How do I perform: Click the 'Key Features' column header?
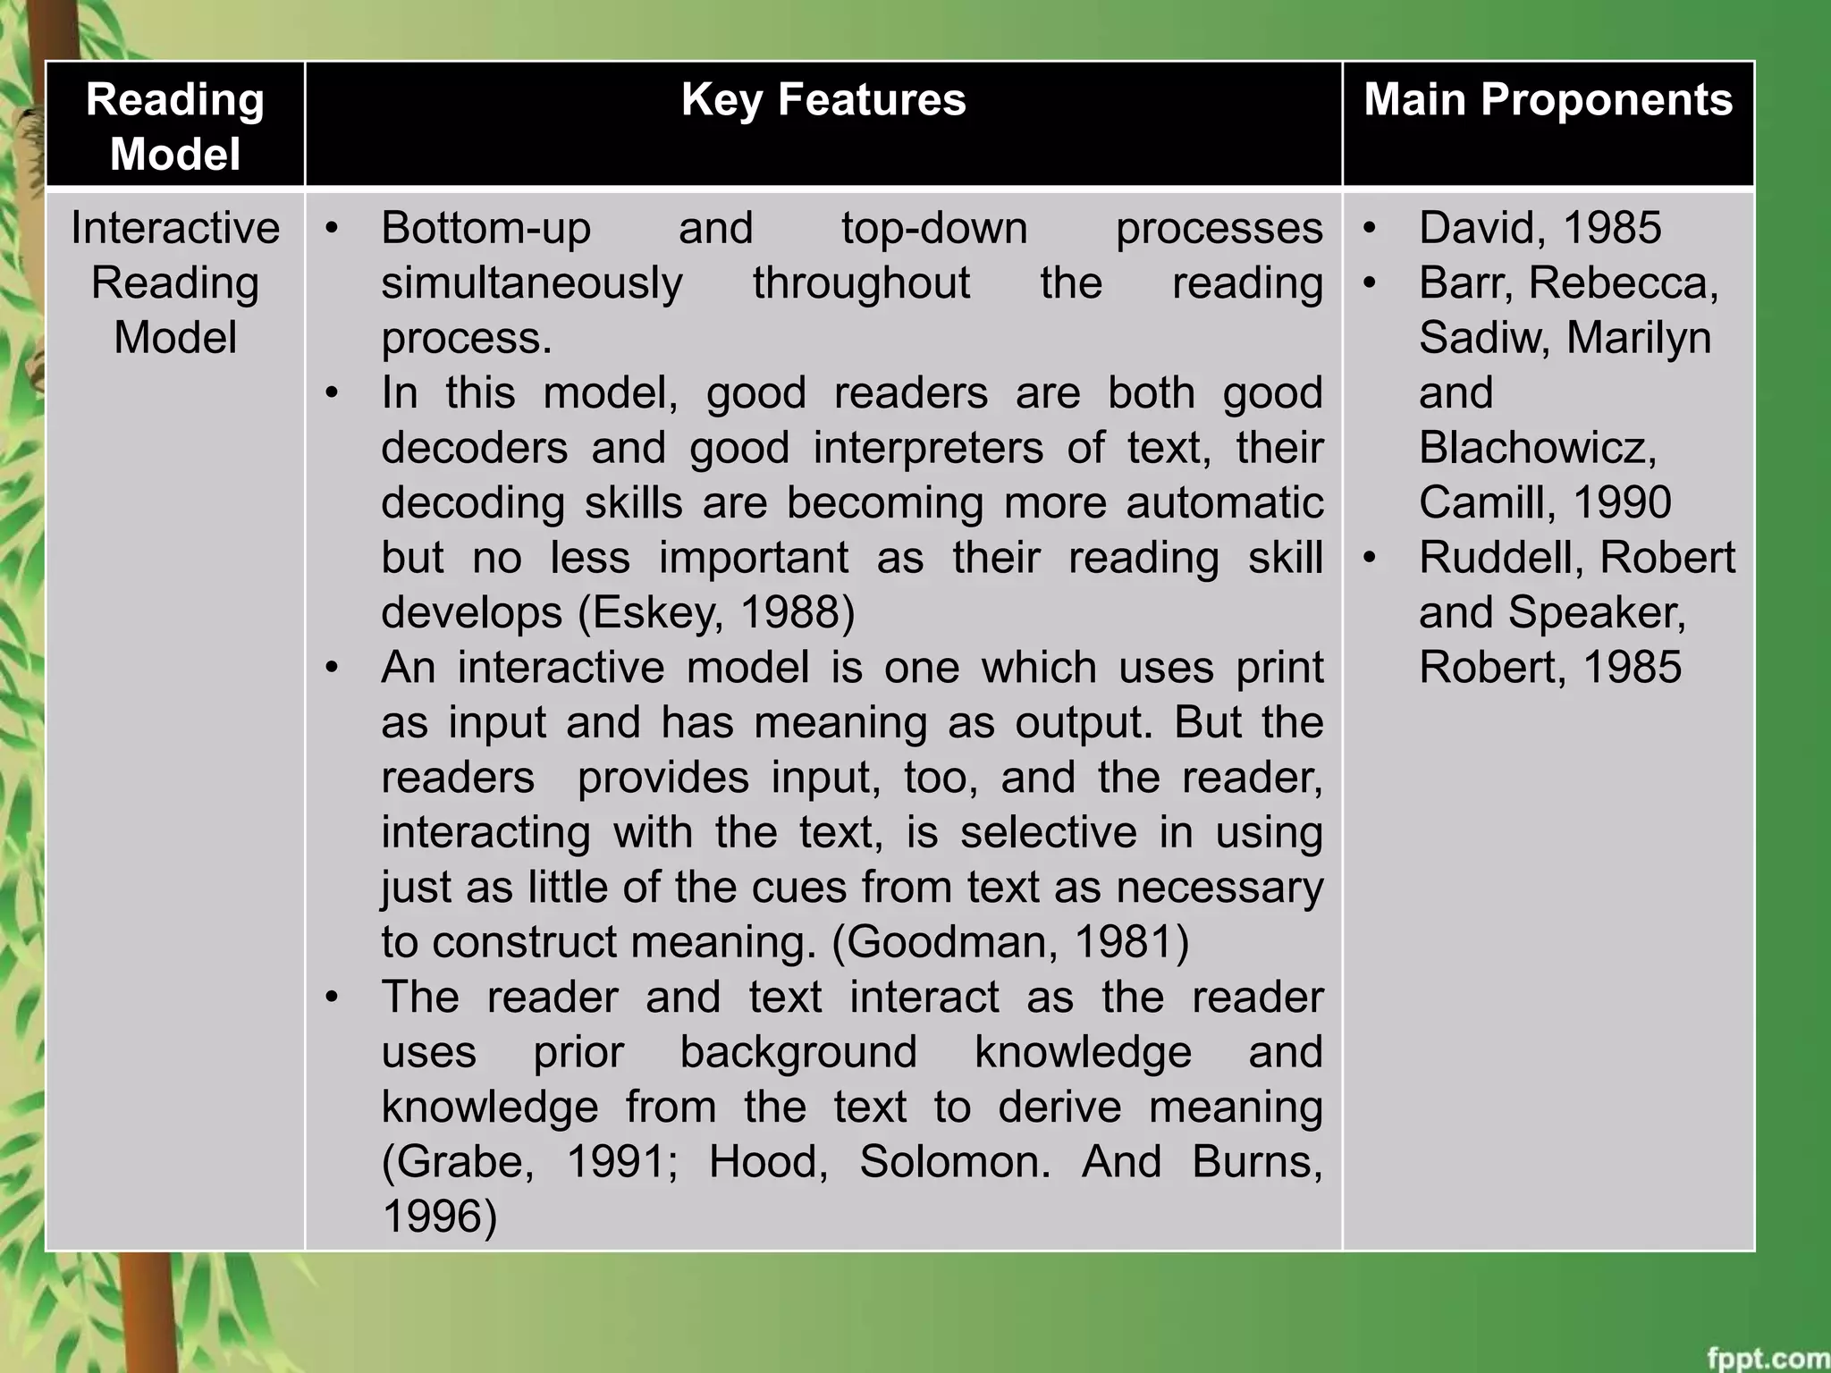(823, 100)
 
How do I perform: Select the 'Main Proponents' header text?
(1548, 100)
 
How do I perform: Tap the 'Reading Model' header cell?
(175, 126)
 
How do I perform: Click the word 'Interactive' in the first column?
(175, 228)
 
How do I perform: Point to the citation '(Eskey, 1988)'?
(716, 612)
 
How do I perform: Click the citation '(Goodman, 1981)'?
(1010, 942)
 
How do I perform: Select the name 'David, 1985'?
(1540, 228)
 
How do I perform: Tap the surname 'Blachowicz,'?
(1538, 448)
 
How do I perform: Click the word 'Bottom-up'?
(485, 228)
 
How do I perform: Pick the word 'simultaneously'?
(532, 283)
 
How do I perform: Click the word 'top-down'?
(934, 228)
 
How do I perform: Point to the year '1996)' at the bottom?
(439, 1217)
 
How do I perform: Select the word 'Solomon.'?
(955, 1162)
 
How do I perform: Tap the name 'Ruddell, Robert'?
(1576, 558)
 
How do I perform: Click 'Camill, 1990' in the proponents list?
(1544, 502)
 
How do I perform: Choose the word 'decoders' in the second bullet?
(474, 448)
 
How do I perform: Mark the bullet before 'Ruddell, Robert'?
(1370, 558)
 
